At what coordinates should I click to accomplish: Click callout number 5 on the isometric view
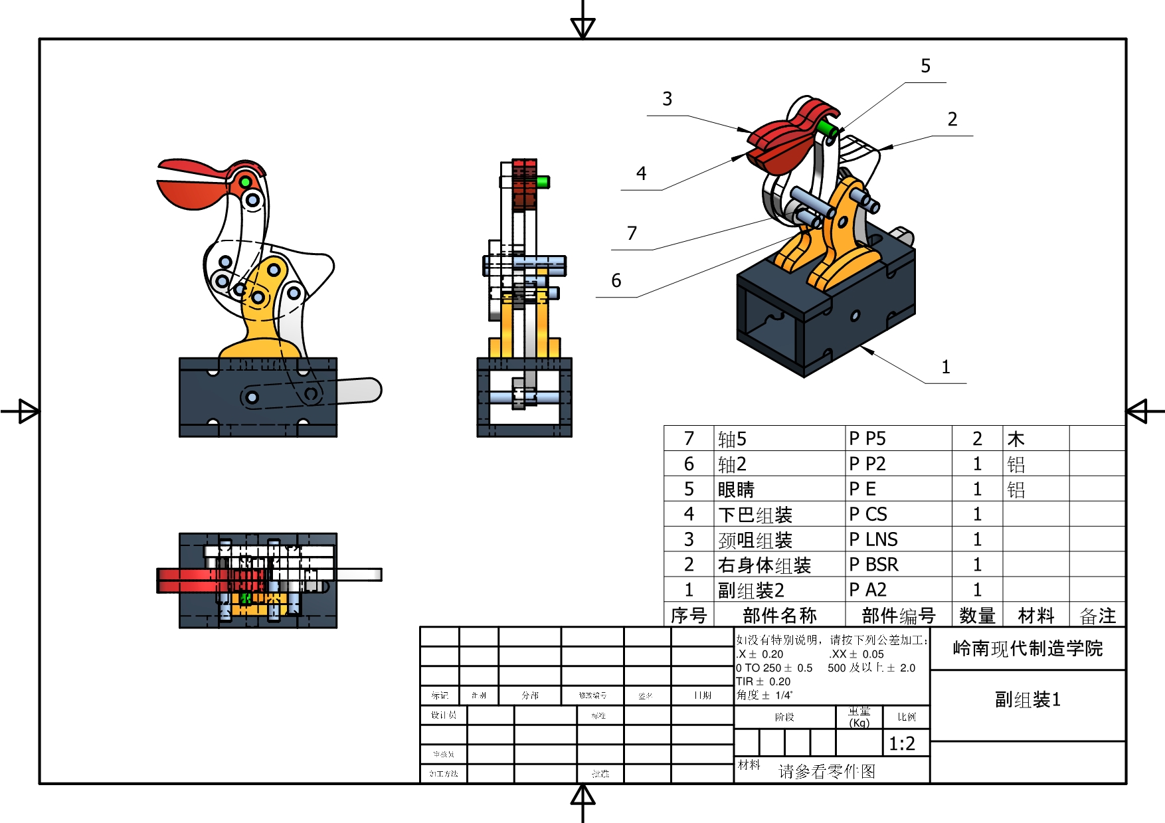point(925,66)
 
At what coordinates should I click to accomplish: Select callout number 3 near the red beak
point(667,99)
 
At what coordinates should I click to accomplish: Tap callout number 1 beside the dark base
point(945,367)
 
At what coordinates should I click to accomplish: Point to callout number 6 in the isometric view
point(616,281)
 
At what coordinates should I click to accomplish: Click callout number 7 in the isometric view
point(632,233)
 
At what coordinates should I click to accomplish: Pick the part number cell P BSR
point(873,565)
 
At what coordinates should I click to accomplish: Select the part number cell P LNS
point(873,539)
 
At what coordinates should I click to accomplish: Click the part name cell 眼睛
point(736,490)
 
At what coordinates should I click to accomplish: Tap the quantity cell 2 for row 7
point(977,438)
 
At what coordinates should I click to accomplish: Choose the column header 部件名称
point(779,616)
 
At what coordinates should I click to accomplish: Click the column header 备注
point(1097,616)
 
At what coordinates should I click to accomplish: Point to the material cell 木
point(1016,439)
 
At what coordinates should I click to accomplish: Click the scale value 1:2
point(902,743)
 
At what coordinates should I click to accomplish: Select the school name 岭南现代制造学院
point(1028,648)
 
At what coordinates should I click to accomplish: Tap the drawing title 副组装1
point(1028,699)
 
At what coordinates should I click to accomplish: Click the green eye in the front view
point(245,181)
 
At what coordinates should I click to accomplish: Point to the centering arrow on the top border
point(582,27)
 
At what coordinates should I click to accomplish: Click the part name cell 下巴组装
point(755,515)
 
